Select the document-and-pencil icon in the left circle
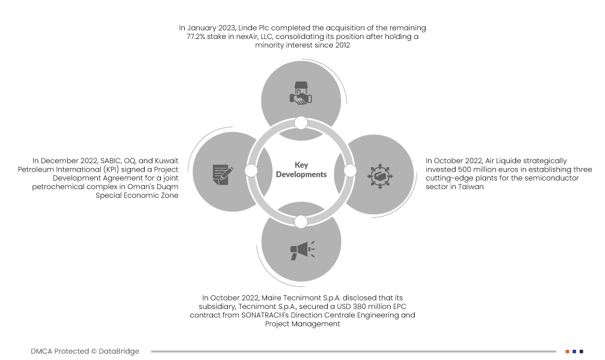tap(222, 173)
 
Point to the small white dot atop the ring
tap(301, 123)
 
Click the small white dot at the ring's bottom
tap(301, 221)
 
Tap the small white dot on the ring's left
tap(251, 171)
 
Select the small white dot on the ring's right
tap(350, 171)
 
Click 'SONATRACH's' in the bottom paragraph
tap(272, 315)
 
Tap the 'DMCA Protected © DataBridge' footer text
tap(85, 351)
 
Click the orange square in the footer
tap(567, 351)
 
